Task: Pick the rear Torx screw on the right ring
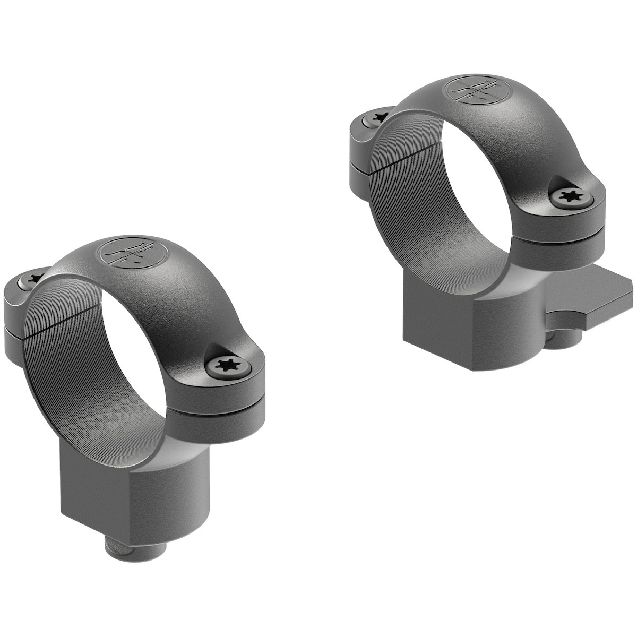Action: pyautogui.click(x=378, y=115)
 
